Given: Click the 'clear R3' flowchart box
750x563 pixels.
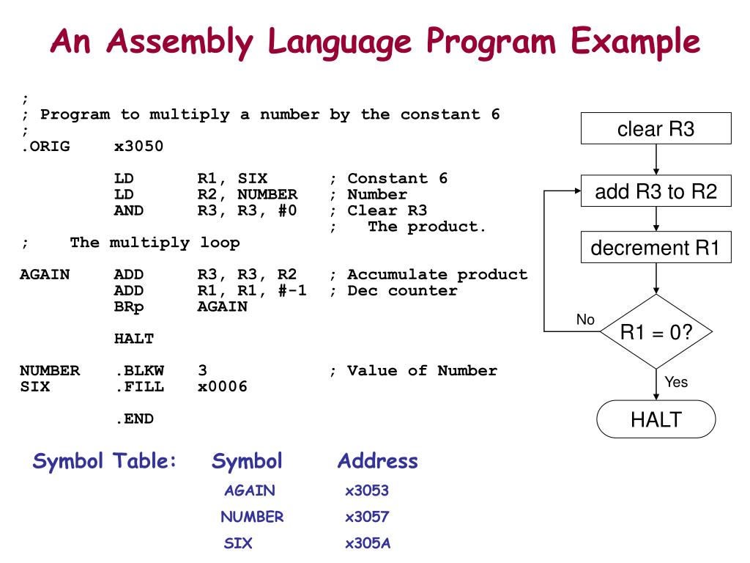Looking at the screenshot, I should (656, 129).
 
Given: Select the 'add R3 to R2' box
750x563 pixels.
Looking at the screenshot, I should (656, 192).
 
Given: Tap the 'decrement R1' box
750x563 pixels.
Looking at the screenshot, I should (656, 248).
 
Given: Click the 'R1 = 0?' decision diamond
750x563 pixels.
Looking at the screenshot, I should (656, 332).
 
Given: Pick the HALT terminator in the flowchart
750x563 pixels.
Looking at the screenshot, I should (656, 419).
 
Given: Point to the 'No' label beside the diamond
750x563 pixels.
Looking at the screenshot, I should (585, 320).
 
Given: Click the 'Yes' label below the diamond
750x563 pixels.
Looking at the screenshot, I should (676, 382).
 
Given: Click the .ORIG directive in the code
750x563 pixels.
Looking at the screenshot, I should (45, 147).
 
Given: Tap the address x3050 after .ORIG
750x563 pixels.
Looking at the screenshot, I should (139, 147).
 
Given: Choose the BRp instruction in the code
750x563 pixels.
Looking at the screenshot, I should (129, 306).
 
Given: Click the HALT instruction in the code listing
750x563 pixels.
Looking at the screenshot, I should (134, 339).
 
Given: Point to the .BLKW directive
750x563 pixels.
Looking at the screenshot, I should (139, 371).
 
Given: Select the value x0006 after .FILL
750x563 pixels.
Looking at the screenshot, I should (223, 387).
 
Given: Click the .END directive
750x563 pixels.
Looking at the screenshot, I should (134, 419).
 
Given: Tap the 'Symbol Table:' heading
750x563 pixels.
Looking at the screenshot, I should (105, 461).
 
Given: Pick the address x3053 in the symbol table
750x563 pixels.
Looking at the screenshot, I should (367, 490).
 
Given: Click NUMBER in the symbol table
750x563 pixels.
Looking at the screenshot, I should (252, 517).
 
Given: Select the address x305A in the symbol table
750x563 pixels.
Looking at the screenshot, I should (368, 544).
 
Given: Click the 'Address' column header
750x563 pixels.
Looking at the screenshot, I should (377, 461).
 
